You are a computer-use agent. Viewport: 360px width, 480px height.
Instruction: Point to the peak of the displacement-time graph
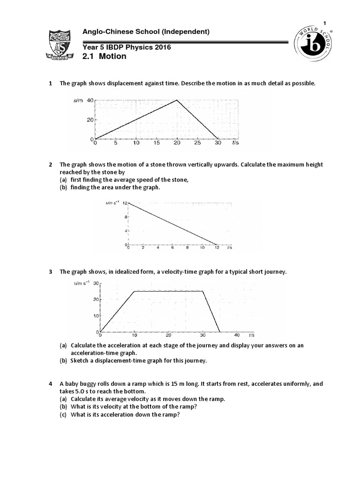[176, 100]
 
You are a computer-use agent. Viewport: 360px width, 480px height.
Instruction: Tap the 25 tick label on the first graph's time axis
[197, 143]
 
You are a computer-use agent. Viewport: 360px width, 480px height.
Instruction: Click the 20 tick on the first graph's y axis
[90, 120]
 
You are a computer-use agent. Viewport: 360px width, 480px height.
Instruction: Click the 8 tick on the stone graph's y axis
[125, 217]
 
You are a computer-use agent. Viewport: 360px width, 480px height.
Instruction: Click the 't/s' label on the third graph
[252, 335]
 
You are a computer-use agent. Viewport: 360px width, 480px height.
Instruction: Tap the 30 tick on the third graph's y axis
[96, 284]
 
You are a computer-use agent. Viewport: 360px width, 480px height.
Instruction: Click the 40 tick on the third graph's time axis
[237, 335]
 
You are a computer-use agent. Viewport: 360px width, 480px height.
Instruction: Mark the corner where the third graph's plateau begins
[135, 291]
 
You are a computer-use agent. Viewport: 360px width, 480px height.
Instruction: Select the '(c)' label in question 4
[63, 414]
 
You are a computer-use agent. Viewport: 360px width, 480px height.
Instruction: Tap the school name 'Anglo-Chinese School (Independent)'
[146, 32]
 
